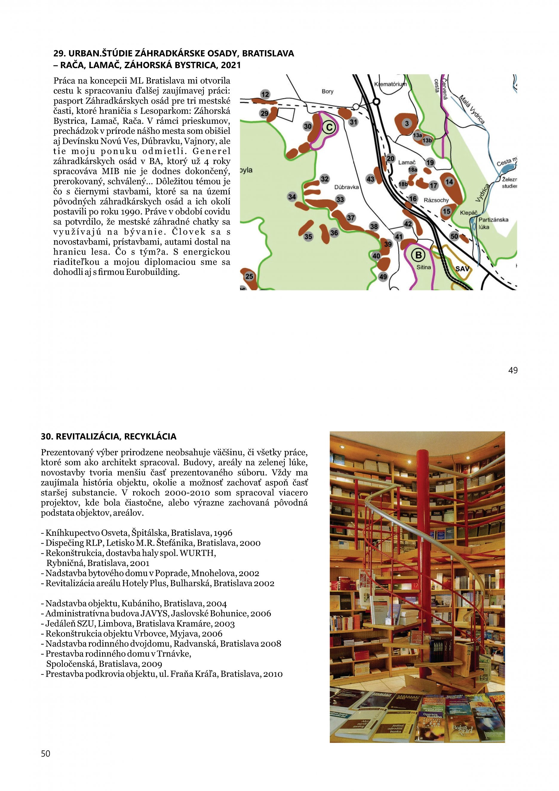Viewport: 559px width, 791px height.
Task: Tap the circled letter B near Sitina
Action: coord(419,255)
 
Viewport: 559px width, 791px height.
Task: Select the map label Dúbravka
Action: coord(347,187)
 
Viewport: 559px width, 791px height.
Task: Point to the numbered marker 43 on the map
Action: coord(370,179)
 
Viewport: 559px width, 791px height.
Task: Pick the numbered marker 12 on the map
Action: coord(265,94)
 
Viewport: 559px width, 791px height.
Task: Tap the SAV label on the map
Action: coord(462,268)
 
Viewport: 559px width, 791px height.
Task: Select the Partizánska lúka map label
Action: coord(493,223)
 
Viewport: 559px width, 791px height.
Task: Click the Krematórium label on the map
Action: coord(390,84)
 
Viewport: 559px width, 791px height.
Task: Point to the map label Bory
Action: coord(327,92)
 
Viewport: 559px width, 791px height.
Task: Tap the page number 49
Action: coord(512,370)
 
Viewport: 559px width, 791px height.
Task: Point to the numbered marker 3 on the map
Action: coord(407,123)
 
